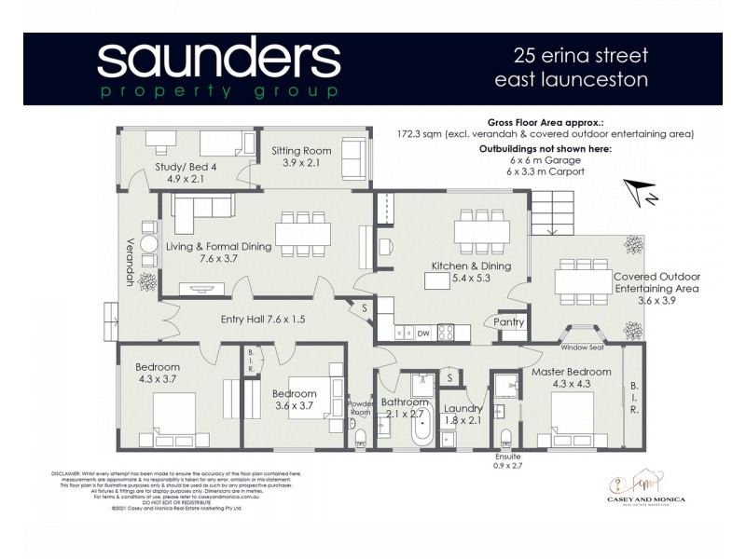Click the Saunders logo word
pos(218,61)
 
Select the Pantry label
pos(510,322)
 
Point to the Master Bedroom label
pos(572,373)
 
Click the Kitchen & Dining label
pos(471,266)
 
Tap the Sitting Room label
pos(301,150)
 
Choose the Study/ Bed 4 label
pos(186,168)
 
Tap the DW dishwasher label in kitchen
pos(422,333)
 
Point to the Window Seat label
pos(583,348)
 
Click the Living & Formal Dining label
pos(219,247)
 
